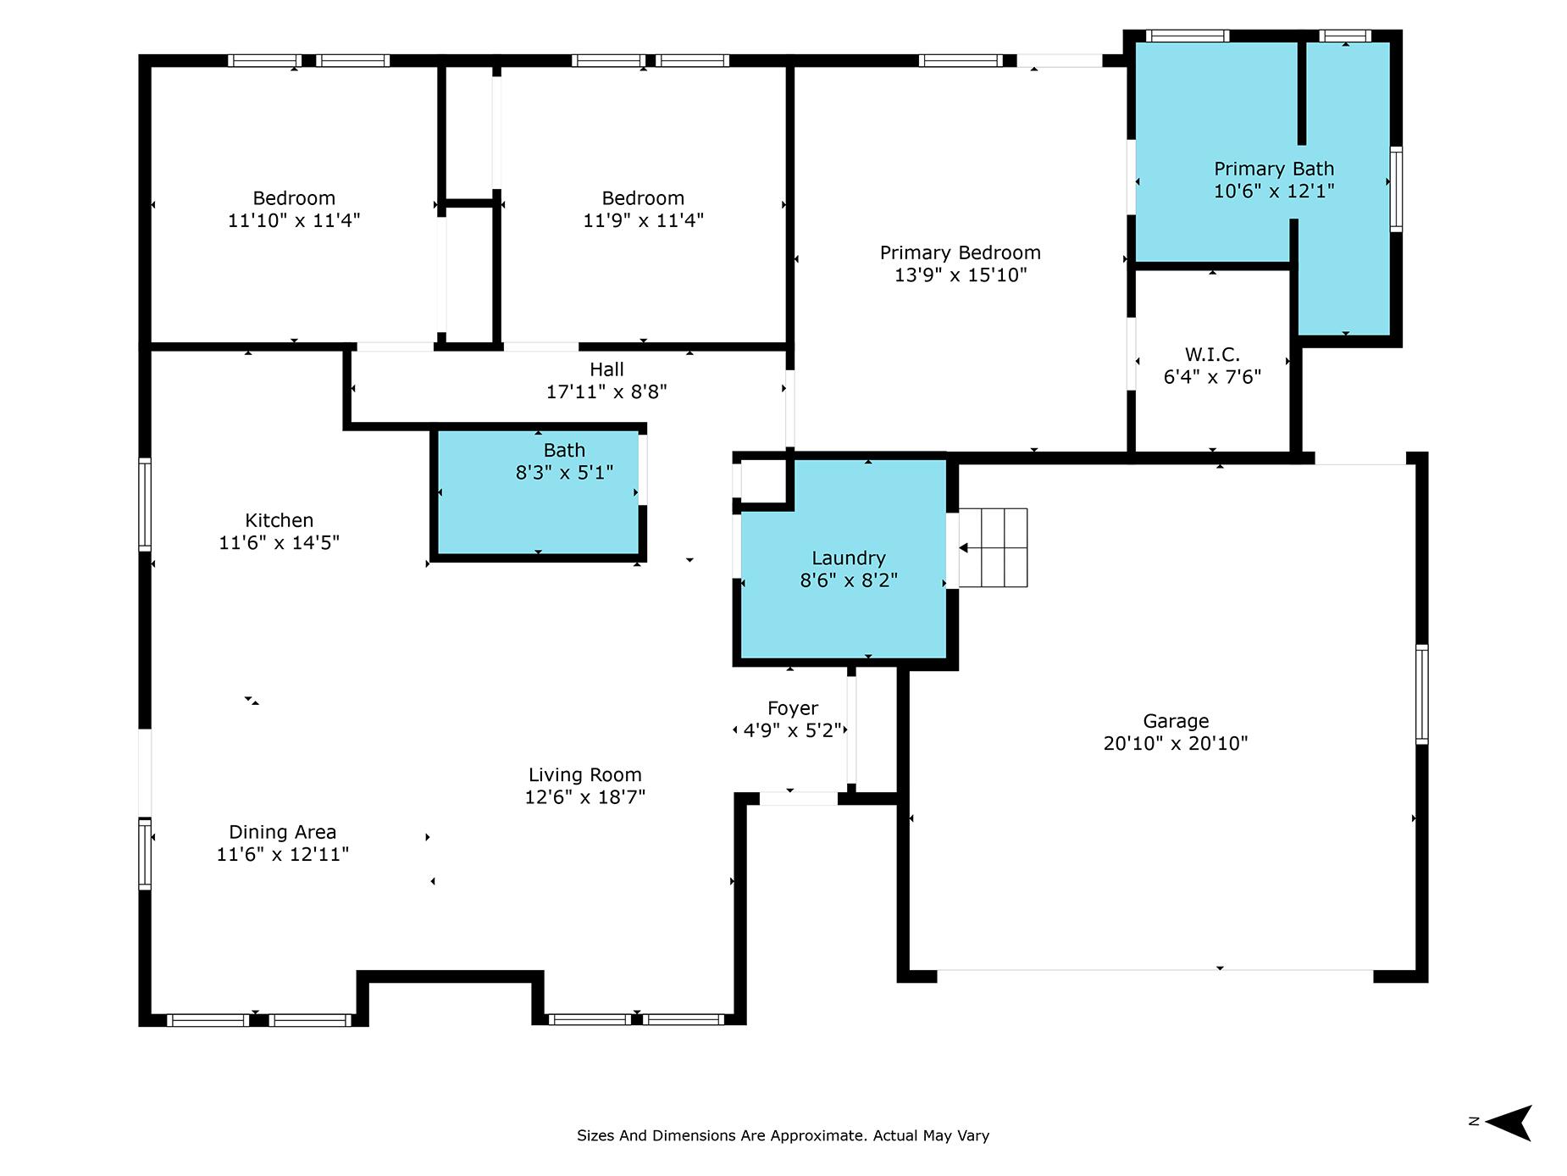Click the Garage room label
click(1176, 721)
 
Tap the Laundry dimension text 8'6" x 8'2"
click(849, 580)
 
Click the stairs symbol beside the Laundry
click(993, 547)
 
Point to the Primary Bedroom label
click(961, 252)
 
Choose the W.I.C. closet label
click(1212, 354)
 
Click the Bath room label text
click(564, 450)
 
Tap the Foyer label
click(793, 708)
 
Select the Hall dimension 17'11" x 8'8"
click(606, 391)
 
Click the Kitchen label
click(280, 520)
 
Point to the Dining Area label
click(283, 832)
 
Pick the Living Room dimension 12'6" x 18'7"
click(585, 797)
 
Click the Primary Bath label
click(1274, 169)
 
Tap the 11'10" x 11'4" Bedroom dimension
click(294, 220)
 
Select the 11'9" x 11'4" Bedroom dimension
click(644, 220)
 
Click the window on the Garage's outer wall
click(1422, 695)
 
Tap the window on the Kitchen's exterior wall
click(145, 505)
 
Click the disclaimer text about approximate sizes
click(783, 1135)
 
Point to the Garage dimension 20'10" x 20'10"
click(1176, 743)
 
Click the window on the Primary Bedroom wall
click(961, 60)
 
